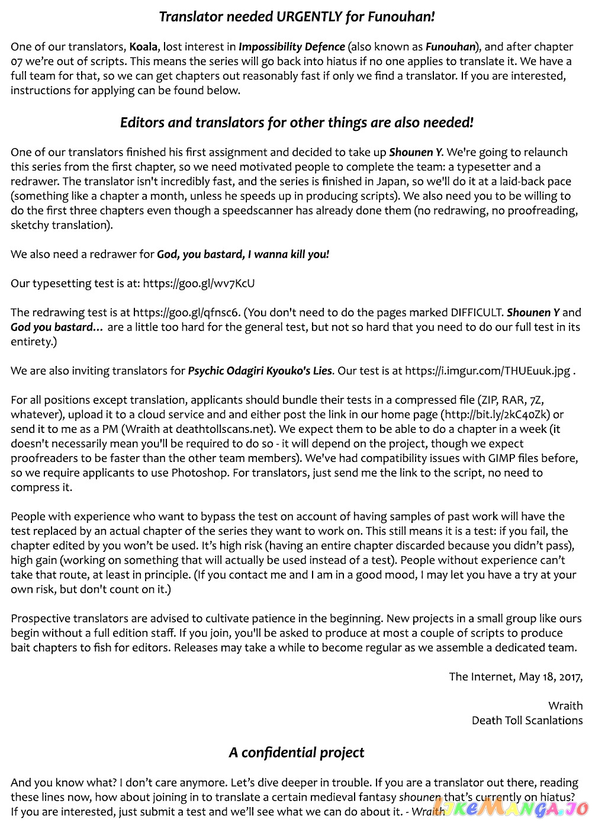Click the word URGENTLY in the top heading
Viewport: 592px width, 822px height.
pyautogui.click(x=309, y=17)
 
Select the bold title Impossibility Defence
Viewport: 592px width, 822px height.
pyautogui.click(x=291, y=47)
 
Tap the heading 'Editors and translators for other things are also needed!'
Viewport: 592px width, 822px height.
pyautogui.click(x=297, y=123)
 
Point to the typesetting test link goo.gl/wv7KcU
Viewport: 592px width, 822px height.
pyautogui.click(x=198, y=283)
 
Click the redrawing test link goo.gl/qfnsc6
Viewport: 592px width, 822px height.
pyautogui.click(x=186, y=312)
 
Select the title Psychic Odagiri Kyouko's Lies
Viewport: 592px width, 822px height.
pyautogui.click(x=260, y=371)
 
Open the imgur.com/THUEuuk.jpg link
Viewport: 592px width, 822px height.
pyautogui.click(x=488, y=371)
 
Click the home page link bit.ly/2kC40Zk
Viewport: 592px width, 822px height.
pyautogui.click(x=496, y=415)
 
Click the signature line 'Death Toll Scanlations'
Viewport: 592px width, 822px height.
pyautogui.click(x=527, y=720)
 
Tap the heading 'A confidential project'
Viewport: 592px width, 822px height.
pyautogui.click(x=297, y=753)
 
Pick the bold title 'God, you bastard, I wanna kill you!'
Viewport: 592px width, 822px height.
pyautogui.click(x=243, y=254)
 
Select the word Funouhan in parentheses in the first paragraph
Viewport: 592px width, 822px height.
pyautogui.click(x=451, y=47)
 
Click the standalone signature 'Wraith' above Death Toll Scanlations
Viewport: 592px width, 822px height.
pyautogui.click(x=565, y=705)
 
